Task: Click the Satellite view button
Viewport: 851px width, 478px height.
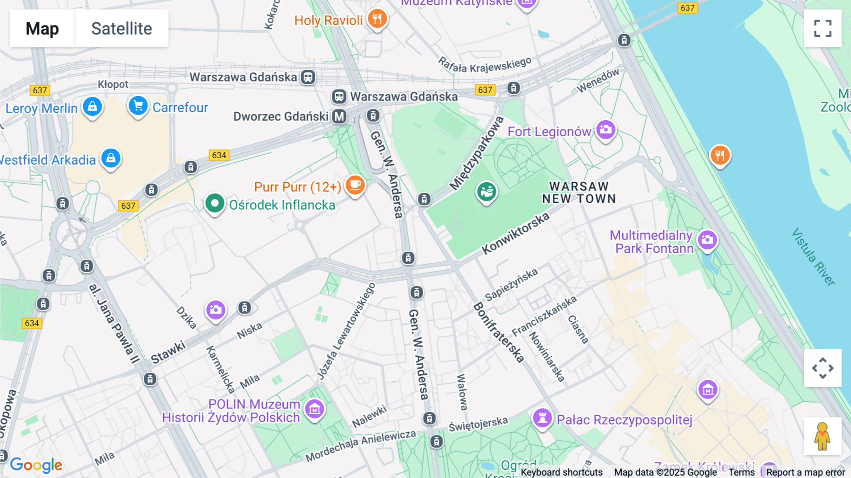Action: [x=122, y=28]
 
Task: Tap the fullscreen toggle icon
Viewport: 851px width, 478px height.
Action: [x=823, y=28]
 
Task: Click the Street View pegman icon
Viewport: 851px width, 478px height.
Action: [x=822, y=436]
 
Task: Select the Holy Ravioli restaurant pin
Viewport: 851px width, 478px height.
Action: [x=377, y=19]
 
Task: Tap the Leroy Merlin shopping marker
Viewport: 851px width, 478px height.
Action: [x=92, y=106]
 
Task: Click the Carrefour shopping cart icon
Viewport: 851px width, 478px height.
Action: [x=138, y=106]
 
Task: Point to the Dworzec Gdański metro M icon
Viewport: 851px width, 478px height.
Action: [x=339, y=116]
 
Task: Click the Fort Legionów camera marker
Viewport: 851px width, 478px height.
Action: [x=605, y=129]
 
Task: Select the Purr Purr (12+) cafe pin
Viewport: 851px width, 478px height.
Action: [x=355, y=185]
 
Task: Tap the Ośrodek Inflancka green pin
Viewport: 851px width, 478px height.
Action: [x=214, y=204]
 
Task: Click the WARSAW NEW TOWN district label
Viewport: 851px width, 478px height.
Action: [x=579, y=193]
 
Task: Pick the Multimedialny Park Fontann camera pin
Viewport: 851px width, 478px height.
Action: [x=707, y=240]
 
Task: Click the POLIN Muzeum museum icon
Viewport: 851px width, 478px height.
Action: [x=314, y=409]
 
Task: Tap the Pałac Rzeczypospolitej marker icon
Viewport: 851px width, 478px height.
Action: [x=542, y=418]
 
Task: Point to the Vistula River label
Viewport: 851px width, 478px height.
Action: [x=813, y=257]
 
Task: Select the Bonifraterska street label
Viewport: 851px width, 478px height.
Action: [x=498, y=333]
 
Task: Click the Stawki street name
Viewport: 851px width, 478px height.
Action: [x=168, y=352]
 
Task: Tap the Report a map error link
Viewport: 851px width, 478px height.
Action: [x=805, y=472]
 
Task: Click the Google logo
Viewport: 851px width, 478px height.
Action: [x=36, y=465]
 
